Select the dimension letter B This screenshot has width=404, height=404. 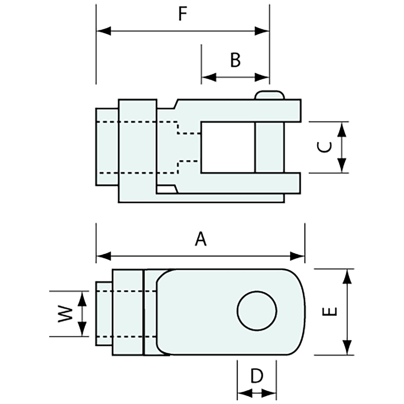point(235,60)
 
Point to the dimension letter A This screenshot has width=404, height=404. point(201,239)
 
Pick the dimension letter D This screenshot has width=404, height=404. point(257,376)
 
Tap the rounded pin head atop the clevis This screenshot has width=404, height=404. point(270,95)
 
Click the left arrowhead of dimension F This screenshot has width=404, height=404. point(103,31)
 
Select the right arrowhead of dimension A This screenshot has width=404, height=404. point(298,256)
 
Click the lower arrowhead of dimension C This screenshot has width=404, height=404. point(342,166)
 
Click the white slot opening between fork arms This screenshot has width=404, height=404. point(227,147)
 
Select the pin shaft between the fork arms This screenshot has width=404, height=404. point(270,147)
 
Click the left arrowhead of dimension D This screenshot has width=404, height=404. point(244,394)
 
